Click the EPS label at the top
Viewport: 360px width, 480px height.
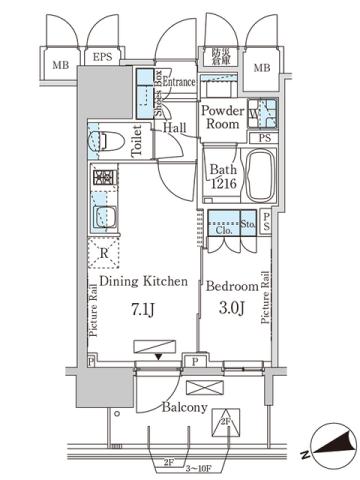104,58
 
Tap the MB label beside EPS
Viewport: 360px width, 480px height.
60,67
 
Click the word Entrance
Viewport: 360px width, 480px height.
179,81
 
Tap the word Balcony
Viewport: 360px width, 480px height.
185,408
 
